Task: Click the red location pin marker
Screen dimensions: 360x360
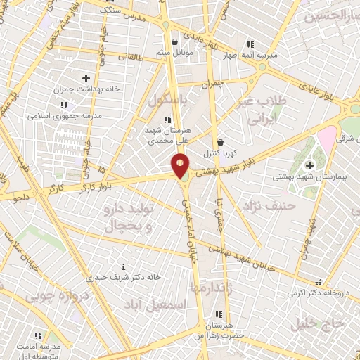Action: (181, 166)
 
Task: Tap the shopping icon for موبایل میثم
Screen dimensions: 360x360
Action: (174, 42)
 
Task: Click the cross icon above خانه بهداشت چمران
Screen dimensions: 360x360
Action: (86, 78)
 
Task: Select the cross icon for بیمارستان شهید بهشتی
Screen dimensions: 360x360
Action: (309, 165)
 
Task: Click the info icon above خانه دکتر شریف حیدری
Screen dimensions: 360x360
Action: (124, 266)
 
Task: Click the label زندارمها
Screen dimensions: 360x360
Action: (210, 286)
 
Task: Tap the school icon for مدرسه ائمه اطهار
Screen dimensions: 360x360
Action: (250, 44)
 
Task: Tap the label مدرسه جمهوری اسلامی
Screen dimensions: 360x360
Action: (65, 114)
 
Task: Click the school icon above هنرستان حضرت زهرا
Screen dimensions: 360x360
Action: (219, 314)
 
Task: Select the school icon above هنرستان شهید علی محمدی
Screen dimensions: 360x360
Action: (167, 120)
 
